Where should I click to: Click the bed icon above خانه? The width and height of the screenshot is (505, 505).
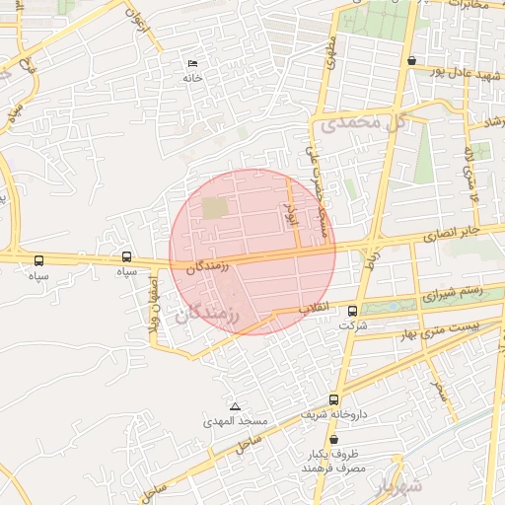pyautogui.click(x=191, y=64)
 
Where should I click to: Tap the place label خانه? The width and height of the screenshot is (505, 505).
pyautogui.click(x=191, y=77)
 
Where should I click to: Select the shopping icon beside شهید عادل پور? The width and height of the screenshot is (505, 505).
pyautogui.click(x=410, y=61)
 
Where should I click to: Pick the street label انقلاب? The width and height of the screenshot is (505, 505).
pyautogui.click(x=313, y=308)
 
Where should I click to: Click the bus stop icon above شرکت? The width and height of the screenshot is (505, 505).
pyautogui.click(x=352, y=312)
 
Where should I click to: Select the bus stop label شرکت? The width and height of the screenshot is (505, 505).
pyautogui.click(x=352, y=325)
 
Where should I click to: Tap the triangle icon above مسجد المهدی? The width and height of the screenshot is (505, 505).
pyautogui.click(x=235, y=406)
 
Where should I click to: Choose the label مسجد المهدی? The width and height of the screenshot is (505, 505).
pyautogui.click(x=236, y=421)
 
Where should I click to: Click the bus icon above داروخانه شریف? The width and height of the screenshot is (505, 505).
pyautogui.click(x=333, y=399)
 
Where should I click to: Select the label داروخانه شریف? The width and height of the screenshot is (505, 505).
pyautogui.click(x=338, y=414)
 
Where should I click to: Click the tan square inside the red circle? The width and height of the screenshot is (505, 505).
pyautogui.click(x=214, y=208)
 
